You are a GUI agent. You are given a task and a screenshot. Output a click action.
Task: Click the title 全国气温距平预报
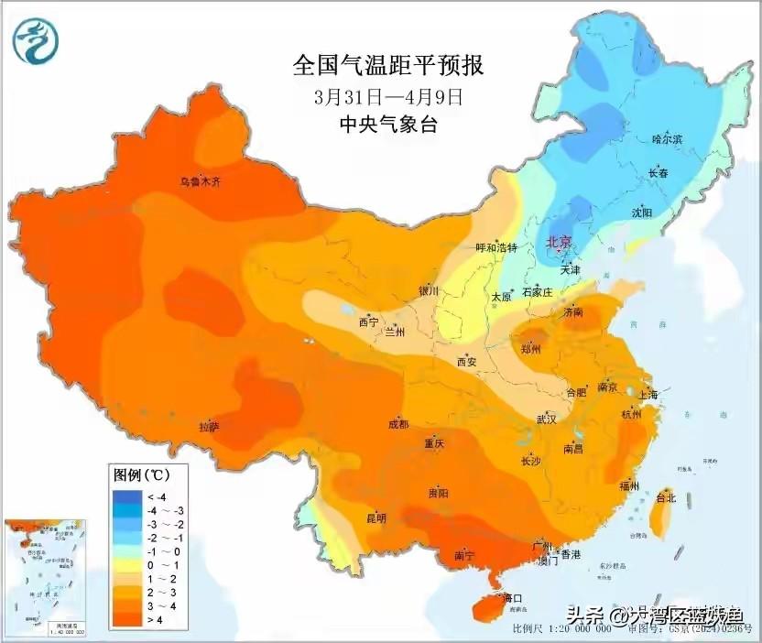(x=387, y=66)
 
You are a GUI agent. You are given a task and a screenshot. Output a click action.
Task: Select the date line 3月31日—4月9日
(x=387, y=95)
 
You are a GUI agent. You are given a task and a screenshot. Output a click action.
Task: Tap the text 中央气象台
(x=387, y=124)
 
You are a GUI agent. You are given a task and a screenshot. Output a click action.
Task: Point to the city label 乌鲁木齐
(x=200, y=182)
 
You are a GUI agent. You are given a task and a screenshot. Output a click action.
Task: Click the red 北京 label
(x=558, y=243)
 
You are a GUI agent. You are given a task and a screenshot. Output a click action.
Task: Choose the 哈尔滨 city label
(x=667, y=139)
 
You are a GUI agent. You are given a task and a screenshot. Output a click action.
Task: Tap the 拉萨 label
(x=209, y=427)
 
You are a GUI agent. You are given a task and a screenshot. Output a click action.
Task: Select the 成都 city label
(x=398, y=424)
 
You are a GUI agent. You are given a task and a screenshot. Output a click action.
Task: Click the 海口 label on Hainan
(x=513, y=599)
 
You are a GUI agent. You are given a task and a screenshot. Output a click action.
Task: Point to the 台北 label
(x=666, y=498)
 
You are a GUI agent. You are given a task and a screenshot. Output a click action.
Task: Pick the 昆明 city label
(x=376, y=518)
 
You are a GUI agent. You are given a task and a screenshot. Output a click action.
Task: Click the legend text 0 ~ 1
(x=157, y=566)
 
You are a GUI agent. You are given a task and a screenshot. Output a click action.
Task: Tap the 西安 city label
(x=466, y=362)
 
